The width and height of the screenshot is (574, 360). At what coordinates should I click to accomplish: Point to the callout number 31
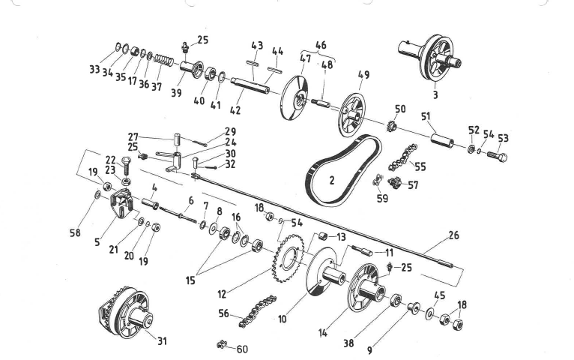[x=163, y=341]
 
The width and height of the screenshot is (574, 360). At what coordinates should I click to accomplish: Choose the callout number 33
[x=95, y=69]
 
